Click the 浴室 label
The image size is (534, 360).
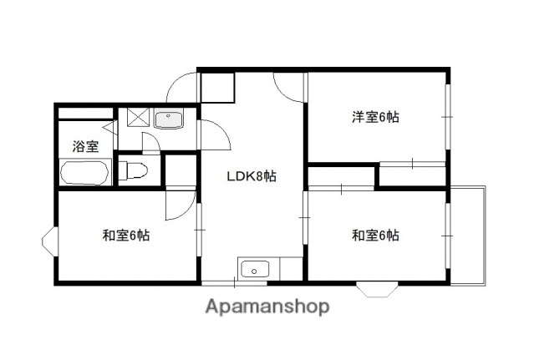click(x=84, y=146)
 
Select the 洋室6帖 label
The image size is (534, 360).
click(x=374, y=117)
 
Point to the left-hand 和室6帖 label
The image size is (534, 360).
click(x=126, y=235)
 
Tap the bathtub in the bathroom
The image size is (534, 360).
click(x=84, y=174)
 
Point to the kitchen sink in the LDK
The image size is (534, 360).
click(x=253, y=269)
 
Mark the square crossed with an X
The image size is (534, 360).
click(x=134, y=119)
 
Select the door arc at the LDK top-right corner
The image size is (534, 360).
click(x=288, y=84)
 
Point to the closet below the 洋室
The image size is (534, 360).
click(x=412, y=174)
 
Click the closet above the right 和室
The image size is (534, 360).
click(x=341, y=177)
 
